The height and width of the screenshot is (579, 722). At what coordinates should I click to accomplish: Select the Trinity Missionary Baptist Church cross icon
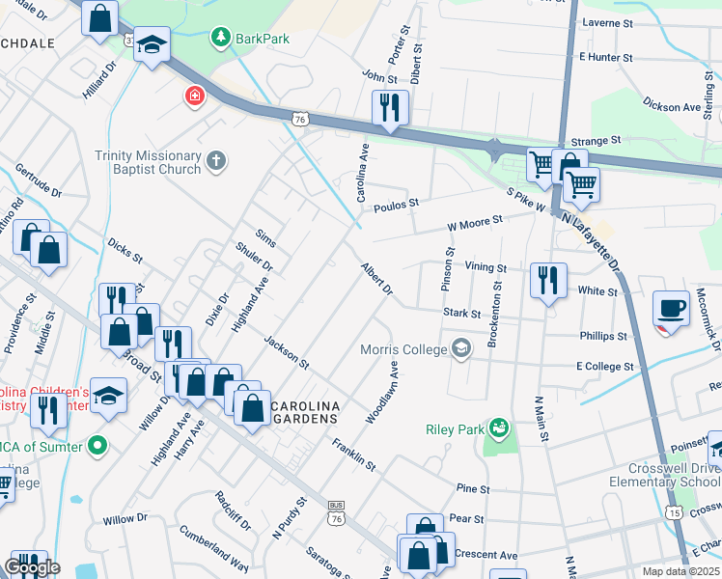click(217, 162)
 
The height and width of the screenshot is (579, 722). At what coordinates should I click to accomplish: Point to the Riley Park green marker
click(499, 427)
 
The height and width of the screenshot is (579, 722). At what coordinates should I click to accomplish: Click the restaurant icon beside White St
click(548, 281)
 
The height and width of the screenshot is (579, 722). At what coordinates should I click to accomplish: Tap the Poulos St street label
click(400, 204)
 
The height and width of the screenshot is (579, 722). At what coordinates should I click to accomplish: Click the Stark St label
click(462, 313)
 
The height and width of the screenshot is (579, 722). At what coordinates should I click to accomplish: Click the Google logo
click(31, 567)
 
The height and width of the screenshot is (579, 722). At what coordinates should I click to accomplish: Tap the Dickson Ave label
click(673, 107)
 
